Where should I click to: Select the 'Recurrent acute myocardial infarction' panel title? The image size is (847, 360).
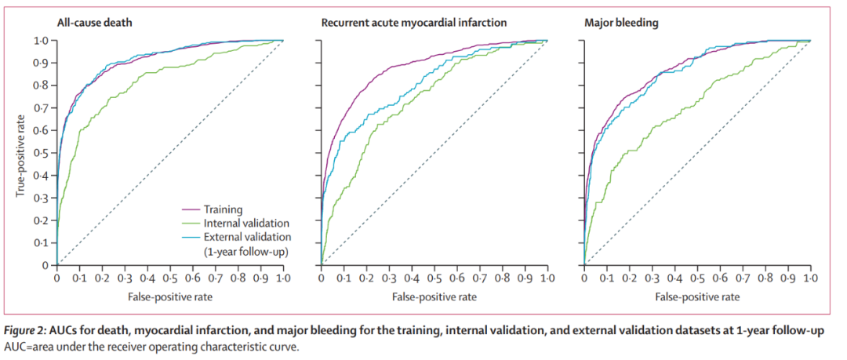pyautogui.click(x=414, y=23)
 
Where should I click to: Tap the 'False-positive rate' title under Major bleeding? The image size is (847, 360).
pyautogui.click(x=697, y=296)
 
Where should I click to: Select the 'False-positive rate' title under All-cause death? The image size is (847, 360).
pyautogui.click(x=170, y=296)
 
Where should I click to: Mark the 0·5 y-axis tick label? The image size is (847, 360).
pyautogui.click(x=42, y=153)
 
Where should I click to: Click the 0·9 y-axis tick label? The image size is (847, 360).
pyautogui.click(x=42, y=64)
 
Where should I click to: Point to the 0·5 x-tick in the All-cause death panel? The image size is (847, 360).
pyautogui.click(x=170, y=278)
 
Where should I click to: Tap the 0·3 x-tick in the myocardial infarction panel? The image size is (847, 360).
pyautogui.click(x=389, y=278)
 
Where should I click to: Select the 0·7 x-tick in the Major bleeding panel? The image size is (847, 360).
pyautogui.click(x=743, y=278)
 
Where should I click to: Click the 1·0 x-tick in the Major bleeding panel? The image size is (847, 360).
pyautogui.click(x=810, y=278)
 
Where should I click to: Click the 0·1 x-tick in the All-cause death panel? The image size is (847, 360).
pyautogui.click(x=79, y=278)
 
